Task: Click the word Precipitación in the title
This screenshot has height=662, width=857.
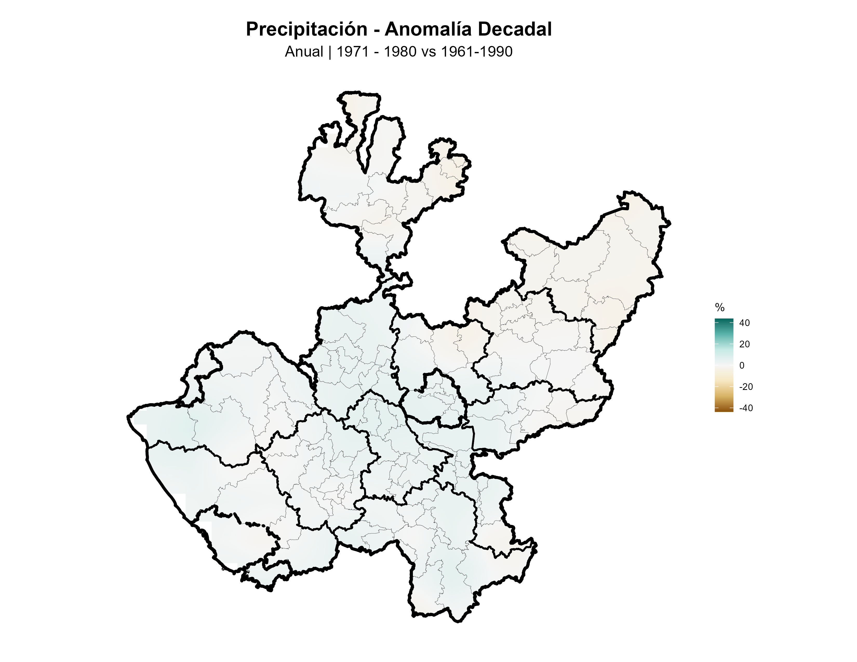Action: coord(306,29)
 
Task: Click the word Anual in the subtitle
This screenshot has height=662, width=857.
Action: coord(304,52)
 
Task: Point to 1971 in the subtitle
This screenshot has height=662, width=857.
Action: coord(352,52)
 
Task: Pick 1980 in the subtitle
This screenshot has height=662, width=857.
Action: coord(400,52)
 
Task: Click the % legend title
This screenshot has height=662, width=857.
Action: coord(719,307)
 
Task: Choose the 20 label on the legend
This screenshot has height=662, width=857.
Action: coord(744,344)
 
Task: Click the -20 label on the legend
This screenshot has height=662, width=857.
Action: coord(746,387)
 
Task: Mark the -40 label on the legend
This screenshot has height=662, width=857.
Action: coord(746,408)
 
